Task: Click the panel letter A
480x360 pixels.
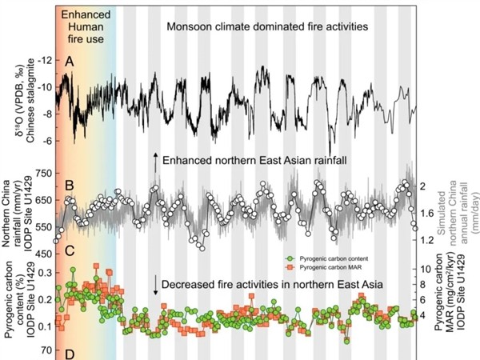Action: (69, 62)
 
